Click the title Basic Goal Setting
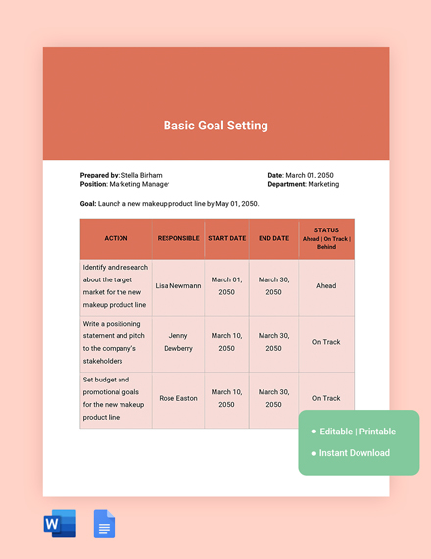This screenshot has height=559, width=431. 215,126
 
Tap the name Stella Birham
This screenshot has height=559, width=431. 142,175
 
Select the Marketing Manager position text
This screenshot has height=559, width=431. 139,184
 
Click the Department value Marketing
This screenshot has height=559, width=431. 323,184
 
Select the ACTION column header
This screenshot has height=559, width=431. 116,238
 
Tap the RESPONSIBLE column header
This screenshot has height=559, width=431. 178,238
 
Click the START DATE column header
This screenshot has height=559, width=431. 227,238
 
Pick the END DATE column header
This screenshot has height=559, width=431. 274,238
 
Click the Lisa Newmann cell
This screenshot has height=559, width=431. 178,286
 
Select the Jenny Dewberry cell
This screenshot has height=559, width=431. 178,342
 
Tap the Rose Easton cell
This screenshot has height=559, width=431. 178,398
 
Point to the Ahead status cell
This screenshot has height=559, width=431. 326,286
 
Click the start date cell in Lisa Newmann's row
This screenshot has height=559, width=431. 227,286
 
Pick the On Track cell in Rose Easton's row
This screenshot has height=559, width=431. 326,398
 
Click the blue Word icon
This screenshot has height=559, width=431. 60,525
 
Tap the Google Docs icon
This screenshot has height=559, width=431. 104,525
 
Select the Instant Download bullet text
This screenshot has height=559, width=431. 354,453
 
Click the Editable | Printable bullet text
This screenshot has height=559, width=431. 358,432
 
